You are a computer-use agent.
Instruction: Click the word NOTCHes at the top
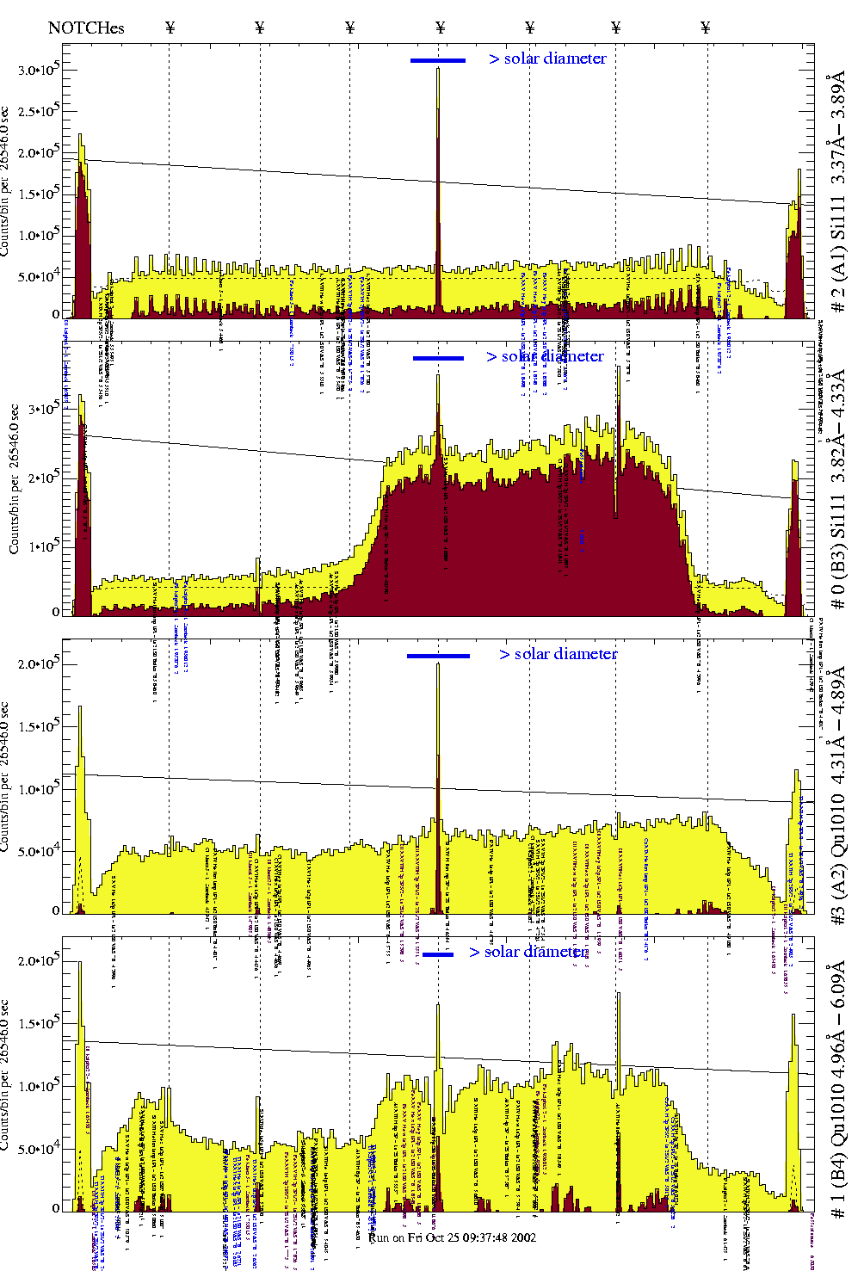(86, 28)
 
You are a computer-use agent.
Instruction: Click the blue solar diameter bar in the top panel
(438, 60)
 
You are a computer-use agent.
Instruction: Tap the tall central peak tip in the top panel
(438, 69)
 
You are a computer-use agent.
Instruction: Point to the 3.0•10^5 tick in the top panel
(40, 71)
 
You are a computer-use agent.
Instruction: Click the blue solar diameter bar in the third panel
(438, 656)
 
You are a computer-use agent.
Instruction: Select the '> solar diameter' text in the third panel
(558, 654)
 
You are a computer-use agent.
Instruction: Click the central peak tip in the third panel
(438, 663)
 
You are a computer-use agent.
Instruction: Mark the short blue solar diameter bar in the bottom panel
(438, 953)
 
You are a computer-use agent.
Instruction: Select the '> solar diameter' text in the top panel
(547, 59)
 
